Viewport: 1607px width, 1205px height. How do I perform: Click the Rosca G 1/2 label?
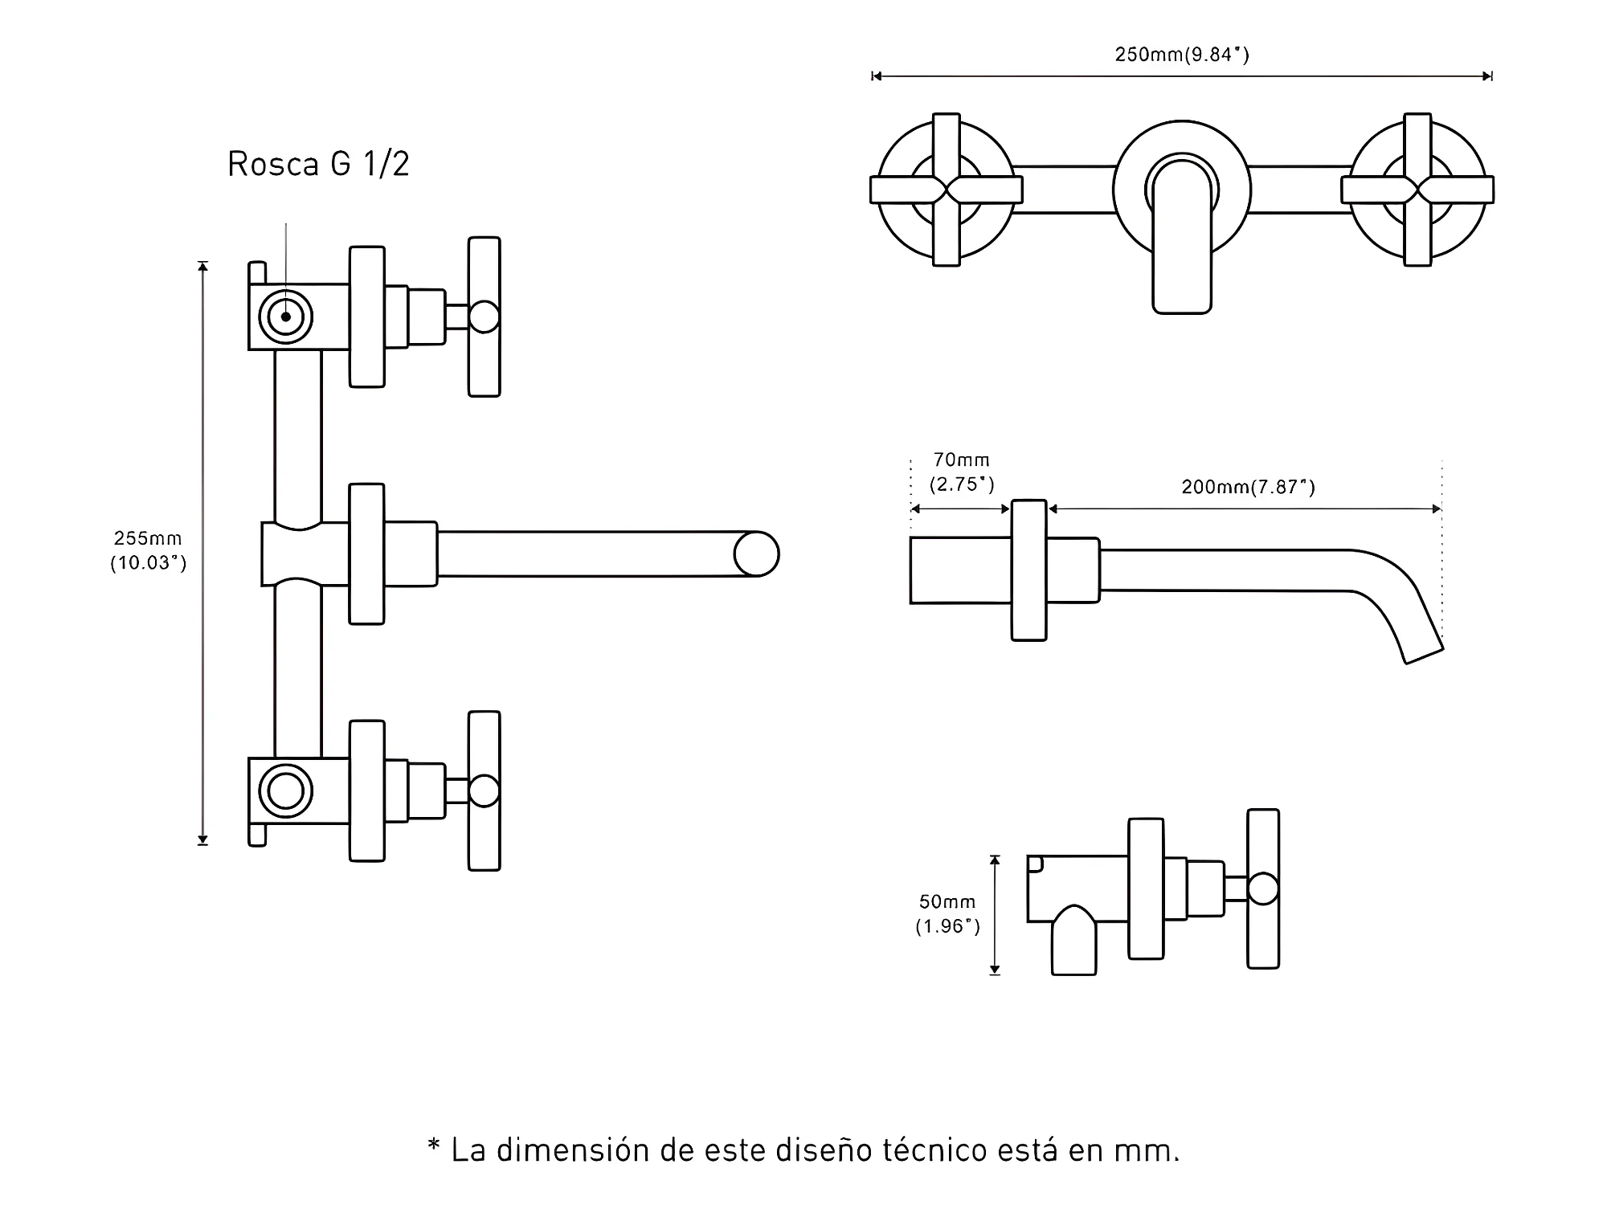pos(319,164)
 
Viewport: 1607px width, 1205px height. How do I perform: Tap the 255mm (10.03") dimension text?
pos(149,550)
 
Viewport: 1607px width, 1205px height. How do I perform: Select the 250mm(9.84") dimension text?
pos(1182,55)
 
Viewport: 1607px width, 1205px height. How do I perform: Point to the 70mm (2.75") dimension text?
pos(962,472)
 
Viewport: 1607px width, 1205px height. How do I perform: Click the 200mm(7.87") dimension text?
pos(1248,487)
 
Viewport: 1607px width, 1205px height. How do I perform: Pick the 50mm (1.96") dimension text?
pos(948,914)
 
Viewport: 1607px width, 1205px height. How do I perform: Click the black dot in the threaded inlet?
pos(286,317)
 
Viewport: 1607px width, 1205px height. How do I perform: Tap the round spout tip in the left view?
pos(757,553)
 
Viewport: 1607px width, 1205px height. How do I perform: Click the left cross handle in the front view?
pos(947,190)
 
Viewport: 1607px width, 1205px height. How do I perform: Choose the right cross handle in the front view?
pos(1417,190)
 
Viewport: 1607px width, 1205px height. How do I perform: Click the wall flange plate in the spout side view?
pos(1028,570)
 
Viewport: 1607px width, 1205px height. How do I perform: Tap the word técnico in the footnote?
pos(934,1150)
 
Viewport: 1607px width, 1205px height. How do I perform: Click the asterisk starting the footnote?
pos(434,1145)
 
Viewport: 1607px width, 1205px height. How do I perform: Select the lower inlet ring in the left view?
pos(286,791)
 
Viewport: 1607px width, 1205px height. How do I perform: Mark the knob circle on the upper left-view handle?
pos(484,317)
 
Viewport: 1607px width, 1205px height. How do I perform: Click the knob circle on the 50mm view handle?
pos(1263,888)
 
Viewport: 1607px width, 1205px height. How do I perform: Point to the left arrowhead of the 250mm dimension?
pos(877,76)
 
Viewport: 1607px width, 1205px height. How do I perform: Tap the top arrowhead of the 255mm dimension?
pos(203,267)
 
